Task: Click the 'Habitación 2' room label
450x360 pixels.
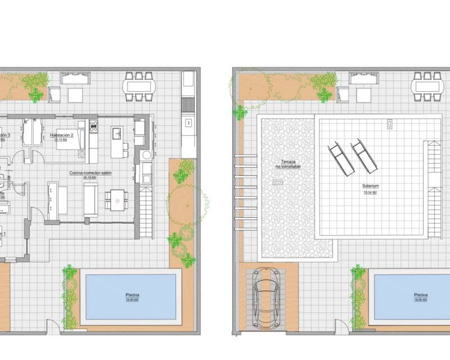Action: click(62, 135)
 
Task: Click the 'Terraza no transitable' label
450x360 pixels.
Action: click(287, 164)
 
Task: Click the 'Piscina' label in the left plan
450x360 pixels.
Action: click(132, 295)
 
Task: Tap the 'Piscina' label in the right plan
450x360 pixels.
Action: click(421, 295)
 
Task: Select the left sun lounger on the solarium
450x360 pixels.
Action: click(341, 159)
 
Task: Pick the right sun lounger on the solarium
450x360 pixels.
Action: click(364, 157)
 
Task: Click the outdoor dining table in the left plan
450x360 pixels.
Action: click(138, 86)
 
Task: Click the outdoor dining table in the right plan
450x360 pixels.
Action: click(427, 86)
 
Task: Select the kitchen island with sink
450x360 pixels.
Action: click(117, 141)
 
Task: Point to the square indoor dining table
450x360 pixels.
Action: click(116, 200)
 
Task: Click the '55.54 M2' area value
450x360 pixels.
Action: click(370, 192)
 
